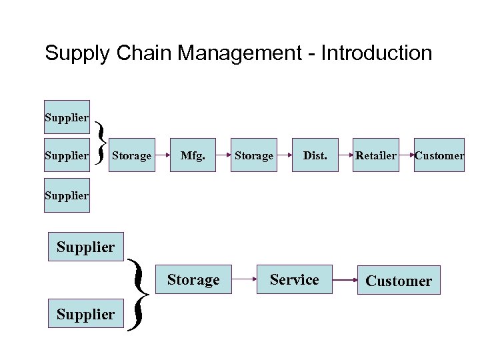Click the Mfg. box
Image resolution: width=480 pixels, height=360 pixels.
tap(193, 155)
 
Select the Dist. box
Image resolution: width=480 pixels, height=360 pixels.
tap(315, 155)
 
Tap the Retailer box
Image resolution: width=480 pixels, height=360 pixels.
tap(375, 155)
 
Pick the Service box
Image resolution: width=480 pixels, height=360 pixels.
tap(294, 280)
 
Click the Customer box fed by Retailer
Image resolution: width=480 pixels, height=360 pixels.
tap(439, 155)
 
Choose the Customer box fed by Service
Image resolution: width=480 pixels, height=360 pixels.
tap(399, 281)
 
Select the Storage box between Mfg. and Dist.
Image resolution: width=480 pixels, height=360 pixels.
tap(254, 155)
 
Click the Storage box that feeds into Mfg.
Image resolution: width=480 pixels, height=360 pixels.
tap(131, 155)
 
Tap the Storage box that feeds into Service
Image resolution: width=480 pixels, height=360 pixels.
tap(193, 280)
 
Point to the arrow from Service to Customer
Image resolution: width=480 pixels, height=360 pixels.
tap(345, 281)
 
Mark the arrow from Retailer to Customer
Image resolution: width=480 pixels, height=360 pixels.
tap(407, 156)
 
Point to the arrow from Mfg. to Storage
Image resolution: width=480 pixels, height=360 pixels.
tap(223, 156)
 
